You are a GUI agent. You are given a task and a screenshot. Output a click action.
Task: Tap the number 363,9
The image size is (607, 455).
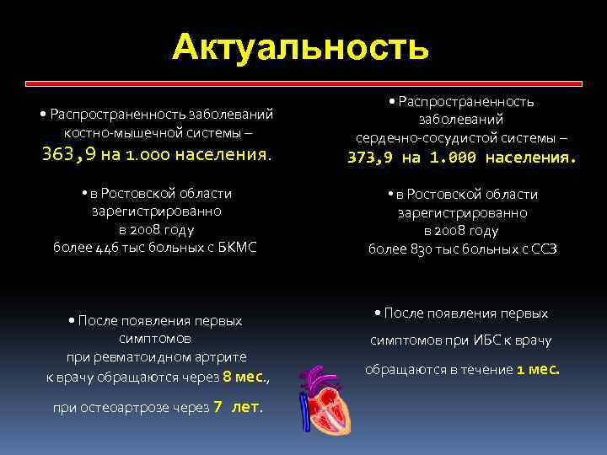pyautogui.click(x=68, y=154)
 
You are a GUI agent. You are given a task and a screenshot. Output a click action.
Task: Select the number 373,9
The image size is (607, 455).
pyautogui.click(x=373, y=158)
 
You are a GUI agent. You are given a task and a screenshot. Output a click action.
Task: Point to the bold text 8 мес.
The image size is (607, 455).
pyautogui.click(x=244, y=377)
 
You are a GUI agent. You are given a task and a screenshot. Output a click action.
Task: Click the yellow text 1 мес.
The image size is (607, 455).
pyautogui.click(x=538, y=369)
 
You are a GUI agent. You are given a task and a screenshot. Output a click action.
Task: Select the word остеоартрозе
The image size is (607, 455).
pyautogui.click(x=130, y=407)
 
